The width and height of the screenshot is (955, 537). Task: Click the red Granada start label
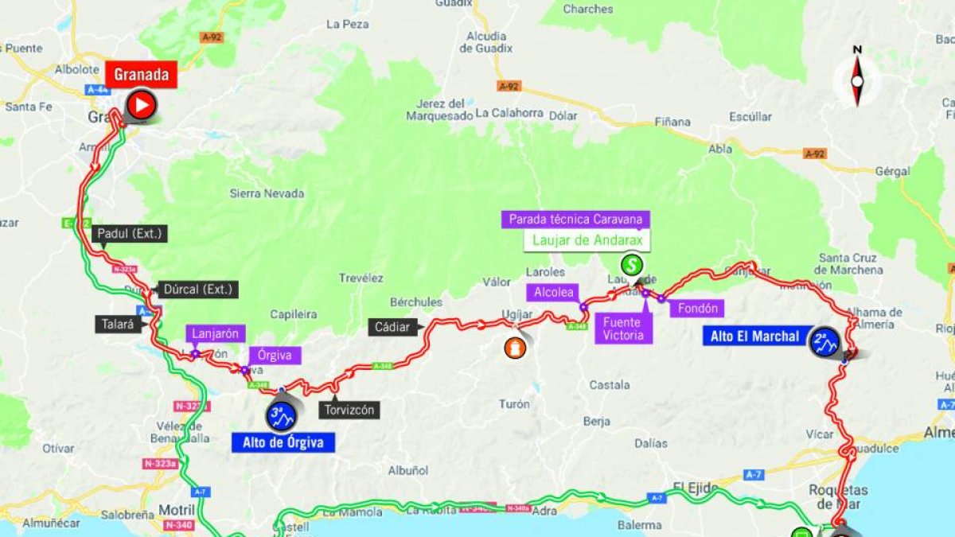click(141, 75)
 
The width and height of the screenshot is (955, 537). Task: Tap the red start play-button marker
click(142, 105)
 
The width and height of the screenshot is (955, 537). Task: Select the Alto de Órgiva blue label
click(283, 442)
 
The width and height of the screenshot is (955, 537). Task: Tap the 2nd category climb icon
click(823, 342)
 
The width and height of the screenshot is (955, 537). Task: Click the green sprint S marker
click(632, 264)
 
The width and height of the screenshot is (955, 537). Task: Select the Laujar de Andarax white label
click(587, 240)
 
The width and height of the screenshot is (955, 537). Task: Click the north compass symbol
click(857, 78)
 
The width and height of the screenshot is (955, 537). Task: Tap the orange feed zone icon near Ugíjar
click(516, 348)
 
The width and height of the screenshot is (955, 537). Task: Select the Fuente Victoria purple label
click(622, 329)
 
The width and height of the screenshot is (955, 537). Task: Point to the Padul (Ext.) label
click(130, 234)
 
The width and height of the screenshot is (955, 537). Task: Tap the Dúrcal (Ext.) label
click(198, 290)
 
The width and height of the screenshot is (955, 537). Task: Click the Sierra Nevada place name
click(267, 193)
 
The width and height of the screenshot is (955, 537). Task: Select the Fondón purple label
click(696, 308)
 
